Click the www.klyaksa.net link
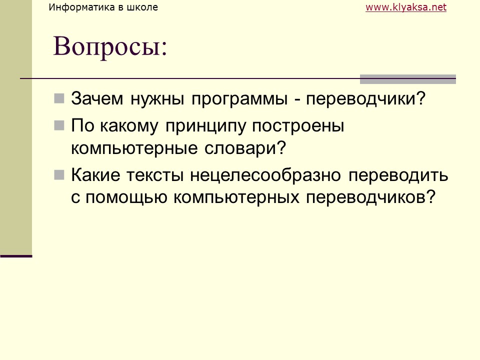pyautogui.click(x=405, y=7)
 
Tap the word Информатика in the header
pyautogui.click(x=79, y=7)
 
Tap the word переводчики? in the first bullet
pyautogui.click(x=365, y=98)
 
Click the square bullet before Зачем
pyautogui.click(x=59, y=97)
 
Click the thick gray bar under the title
pyautogui.click(x=408, y=79)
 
